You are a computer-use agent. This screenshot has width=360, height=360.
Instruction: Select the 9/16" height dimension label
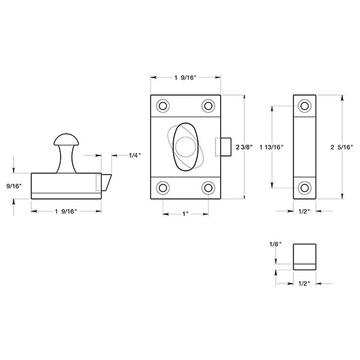14,186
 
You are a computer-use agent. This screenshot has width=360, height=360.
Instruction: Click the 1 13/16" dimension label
271,147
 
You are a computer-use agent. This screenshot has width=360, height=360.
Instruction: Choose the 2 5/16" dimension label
341,147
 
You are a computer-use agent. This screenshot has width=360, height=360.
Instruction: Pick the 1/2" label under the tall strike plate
304,210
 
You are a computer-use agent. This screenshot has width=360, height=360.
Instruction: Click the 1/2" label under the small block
304,282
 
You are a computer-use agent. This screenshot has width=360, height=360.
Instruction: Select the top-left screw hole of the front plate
163,106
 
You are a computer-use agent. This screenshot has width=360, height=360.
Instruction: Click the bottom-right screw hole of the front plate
208,187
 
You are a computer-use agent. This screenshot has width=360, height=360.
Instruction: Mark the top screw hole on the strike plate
304,106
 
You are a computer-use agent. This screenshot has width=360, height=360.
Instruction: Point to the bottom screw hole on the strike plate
304,188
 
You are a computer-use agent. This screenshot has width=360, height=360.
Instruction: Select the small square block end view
304,256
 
